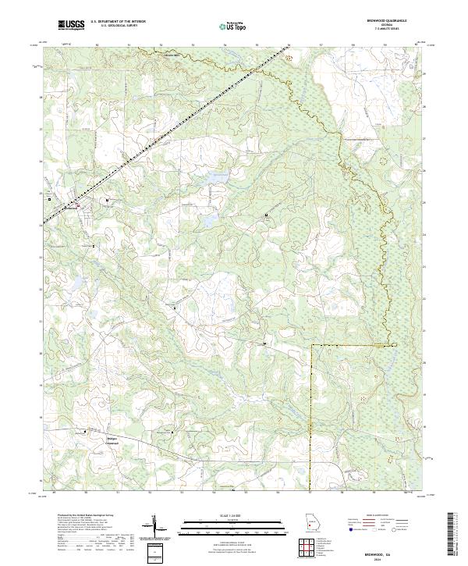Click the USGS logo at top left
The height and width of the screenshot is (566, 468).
pyautogui.click(x=72, y=26)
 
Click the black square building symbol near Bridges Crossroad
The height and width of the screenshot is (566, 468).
pyautogui.click(x=87, y=429)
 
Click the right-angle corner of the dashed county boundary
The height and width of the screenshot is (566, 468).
pyautogui.click(x=311, y=344)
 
